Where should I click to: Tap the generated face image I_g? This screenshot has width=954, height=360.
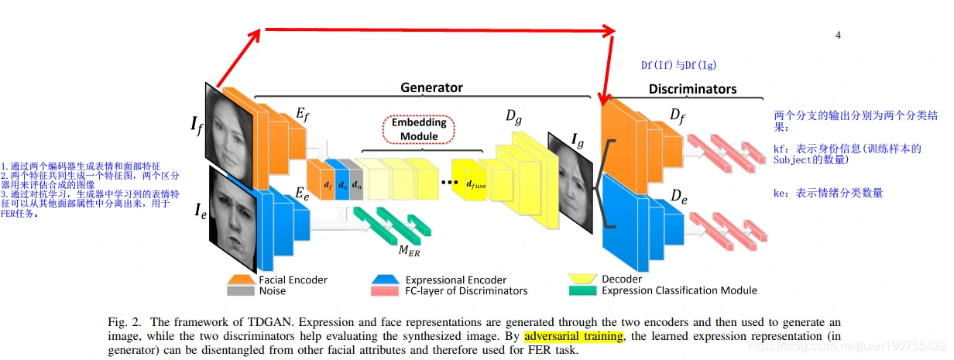[x=571, y=181]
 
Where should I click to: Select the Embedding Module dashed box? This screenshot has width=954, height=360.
[x=419, y=129]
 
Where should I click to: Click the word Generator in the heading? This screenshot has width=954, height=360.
[x=431, y=87]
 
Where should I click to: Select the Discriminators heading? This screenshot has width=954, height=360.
[x=692, y=89]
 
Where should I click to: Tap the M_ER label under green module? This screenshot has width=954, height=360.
[x=408, y=250]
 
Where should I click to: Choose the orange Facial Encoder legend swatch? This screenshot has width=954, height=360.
[x=241, y=279]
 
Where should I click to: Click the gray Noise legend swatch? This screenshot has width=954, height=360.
[x=241, y=290]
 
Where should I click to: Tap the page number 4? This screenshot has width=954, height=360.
[x=838, y=35]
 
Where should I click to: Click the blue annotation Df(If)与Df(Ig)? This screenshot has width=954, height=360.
[x=673, y=66]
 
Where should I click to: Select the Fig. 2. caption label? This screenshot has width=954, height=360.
[x=125, y=321]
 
